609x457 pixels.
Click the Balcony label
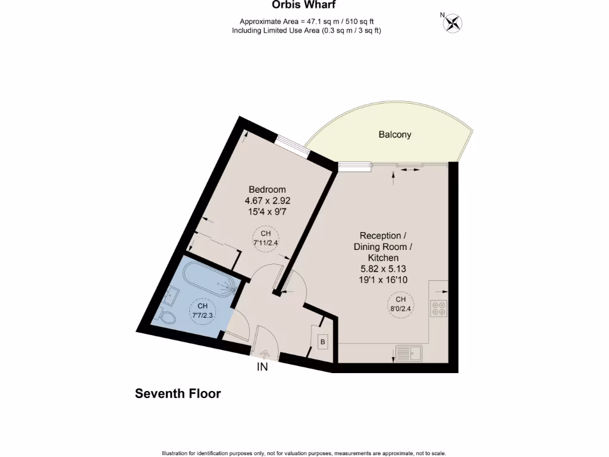395,134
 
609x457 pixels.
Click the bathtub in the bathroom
208,279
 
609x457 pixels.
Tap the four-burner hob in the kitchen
440,308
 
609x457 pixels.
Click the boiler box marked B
323,342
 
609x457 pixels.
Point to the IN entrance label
262,367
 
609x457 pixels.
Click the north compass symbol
453,23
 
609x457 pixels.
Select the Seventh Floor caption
178,393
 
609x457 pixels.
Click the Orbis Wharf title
304,5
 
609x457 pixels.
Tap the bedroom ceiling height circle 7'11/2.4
265,238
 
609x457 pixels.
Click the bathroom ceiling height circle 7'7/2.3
202,310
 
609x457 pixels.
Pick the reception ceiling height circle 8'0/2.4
401,304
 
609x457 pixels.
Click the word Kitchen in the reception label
382,258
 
